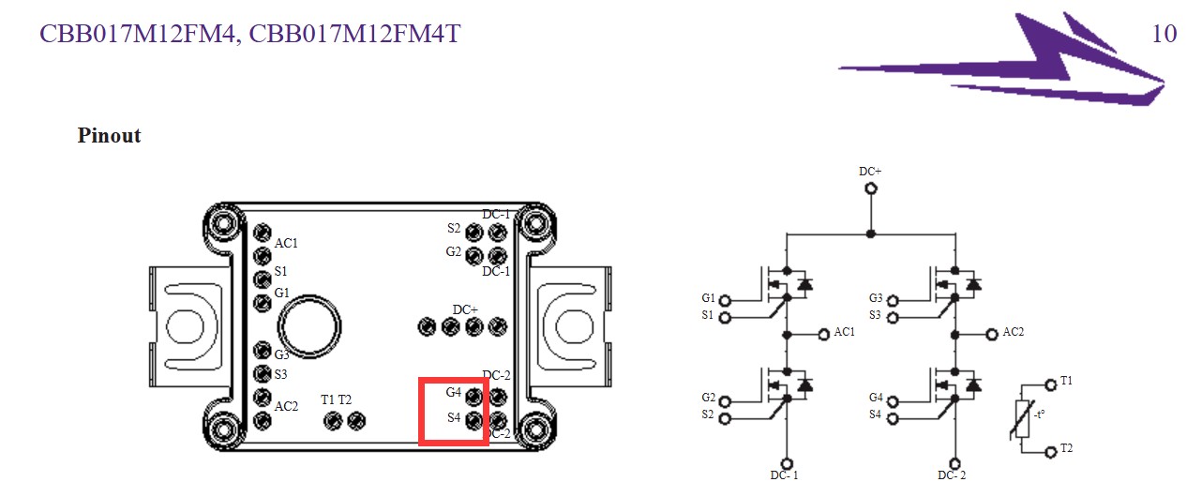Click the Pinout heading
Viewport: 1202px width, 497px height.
pos(109,135)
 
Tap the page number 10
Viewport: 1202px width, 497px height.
pos(1164,34)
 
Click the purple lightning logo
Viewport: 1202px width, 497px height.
pos(1002,59)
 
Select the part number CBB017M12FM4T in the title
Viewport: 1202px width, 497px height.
pos(354,34)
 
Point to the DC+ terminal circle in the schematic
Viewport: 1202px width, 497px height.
pos(871,188)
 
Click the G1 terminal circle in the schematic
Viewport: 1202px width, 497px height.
pos(725,301)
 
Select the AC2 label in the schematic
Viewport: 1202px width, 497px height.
pos(1014,332)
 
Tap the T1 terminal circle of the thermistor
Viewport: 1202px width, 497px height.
pos(1051,384)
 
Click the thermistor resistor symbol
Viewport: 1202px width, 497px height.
pos(1022,419)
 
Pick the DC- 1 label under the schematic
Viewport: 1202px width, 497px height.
pos(784,475)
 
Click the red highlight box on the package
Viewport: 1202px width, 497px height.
pos(454,380)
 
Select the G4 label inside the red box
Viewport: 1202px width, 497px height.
pos(454,392)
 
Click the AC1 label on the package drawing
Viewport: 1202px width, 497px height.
pos(286,243)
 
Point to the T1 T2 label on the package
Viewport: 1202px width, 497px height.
pos(336,399)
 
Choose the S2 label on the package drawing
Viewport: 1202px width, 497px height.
pos(454,228)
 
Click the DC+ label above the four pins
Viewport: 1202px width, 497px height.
pos(465,309)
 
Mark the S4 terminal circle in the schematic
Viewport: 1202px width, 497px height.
pos(893,418)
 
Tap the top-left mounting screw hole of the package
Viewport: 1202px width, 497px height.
pos(223,222)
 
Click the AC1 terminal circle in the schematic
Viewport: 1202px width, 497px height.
pos(824,335)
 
